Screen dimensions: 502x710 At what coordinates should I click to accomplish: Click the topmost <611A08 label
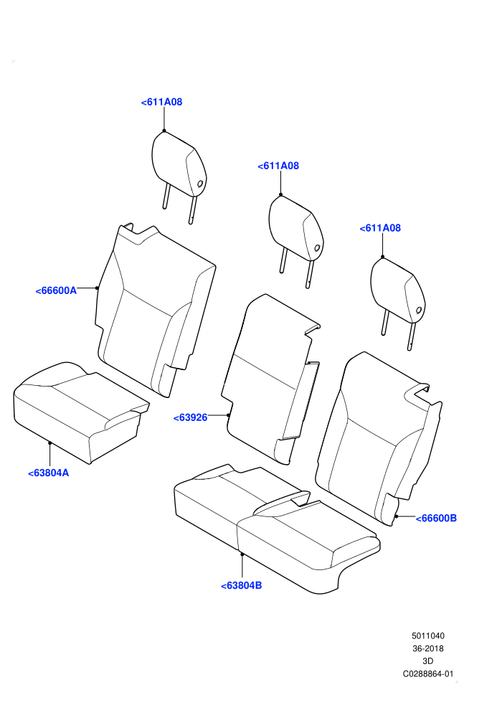161,103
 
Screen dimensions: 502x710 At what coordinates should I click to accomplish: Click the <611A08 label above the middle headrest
278,166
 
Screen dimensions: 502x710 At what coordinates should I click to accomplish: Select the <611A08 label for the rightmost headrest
380,228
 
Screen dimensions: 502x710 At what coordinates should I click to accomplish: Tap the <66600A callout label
56,290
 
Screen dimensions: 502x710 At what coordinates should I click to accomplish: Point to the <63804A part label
49,473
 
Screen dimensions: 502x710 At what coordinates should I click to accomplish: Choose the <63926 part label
191,418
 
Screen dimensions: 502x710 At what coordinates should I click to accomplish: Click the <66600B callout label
436,519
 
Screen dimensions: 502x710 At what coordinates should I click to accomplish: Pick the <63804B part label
241,586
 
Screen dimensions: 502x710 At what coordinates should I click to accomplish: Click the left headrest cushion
179,164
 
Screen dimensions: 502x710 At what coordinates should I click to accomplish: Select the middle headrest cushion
296,228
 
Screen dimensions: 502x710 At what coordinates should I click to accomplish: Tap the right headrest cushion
398,290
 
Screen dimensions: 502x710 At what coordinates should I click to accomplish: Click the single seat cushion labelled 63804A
82,412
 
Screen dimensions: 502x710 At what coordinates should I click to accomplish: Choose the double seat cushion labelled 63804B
277,528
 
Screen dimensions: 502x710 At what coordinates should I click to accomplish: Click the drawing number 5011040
427,636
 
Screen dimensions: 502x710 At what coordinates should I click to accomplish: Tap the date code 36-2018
427,649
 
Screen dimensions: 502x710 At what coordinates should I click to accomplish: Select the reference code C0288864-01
427,674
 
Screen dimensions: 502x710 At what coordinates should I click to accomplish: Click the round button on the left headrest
199,184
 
